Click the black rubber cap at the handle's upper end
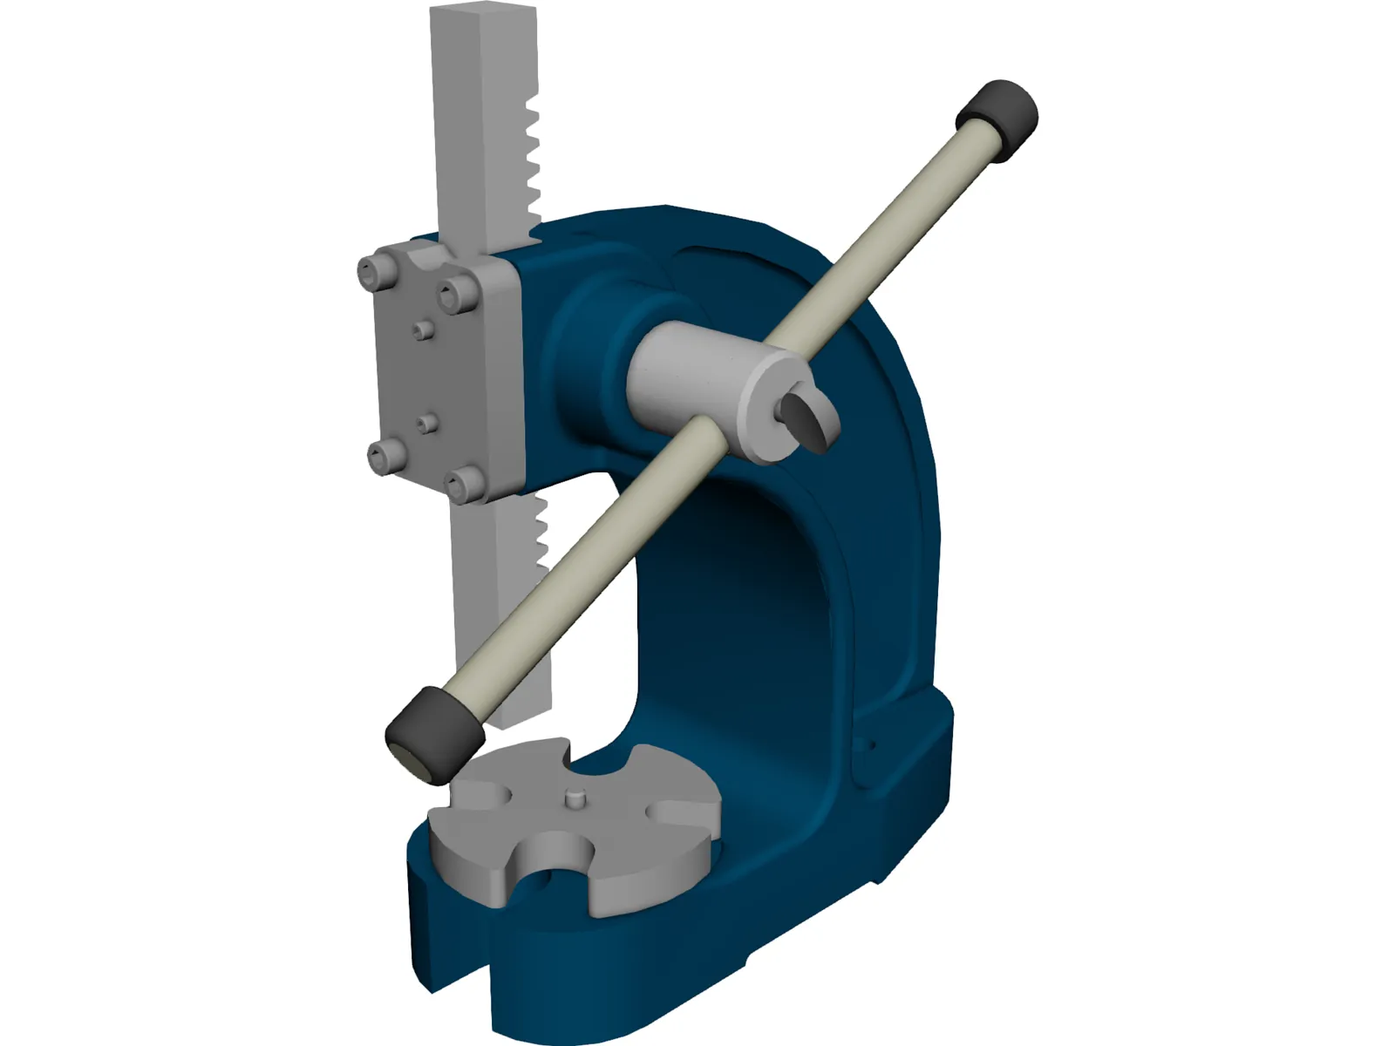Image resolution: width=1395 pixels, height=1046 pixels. [x=999, y=117]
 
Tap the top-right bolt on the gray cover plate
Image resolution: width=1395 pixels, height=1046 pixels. [x=457, y=298]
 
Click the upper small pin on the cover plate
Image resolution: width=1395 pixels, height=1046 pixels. [x=422, y=330]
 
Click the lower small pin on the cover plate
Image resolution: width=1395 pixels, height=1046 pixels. [x=425, y=424]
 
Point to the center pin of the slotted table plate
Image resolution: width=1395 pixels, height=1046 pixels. [x=574, y=797]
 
